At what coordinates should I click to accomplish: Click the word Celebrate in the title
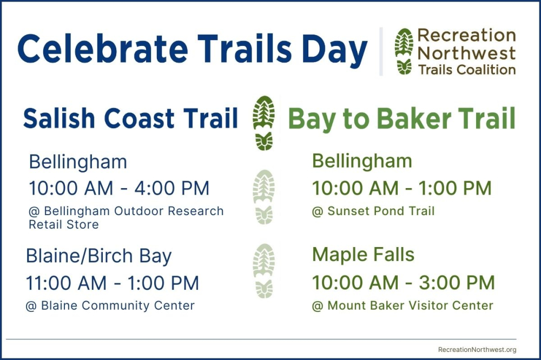(x=103, y=49)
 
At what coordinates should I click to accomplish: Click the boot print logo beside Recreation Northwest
(x=404, y=51)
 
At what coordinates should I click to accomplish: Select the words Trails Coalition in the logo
(x=467, y=70)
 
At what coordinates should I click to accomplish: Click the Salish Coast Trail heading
(x=131, y=118)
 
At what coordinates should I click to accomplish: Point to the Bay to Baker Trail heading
(x=401, y=119)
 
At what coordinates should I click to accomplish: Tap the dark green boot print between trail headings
(x=264, y=123)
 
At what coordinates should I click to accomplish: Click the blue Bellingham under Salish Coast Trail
(x=78, y=162)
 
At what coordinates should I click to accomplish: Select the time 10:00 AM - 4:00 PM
(x=120, y=188)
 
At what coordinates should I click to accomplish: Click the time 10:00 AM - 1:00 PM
(x=401, y=188)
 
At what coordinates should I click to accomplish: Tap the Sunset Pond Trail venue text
(x=373, y=211)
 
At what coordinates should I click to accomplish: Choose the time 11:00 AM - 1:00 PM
(x=113, y=283)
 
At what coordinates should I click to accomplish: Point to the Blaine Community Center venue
(x=110, y=305)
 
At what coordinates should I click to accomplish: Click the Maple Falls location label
(x=363, y=255)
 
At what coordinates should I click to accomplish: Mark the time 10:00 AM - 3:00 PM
(x=404, y=283)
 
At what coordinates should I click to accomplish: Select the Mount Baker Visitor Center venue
(x=403, y=305)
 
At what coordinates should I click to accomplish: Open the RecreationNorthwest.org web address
(x=477, y=350)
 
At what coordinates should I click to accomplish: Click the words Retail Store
(x=64, y=224)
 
